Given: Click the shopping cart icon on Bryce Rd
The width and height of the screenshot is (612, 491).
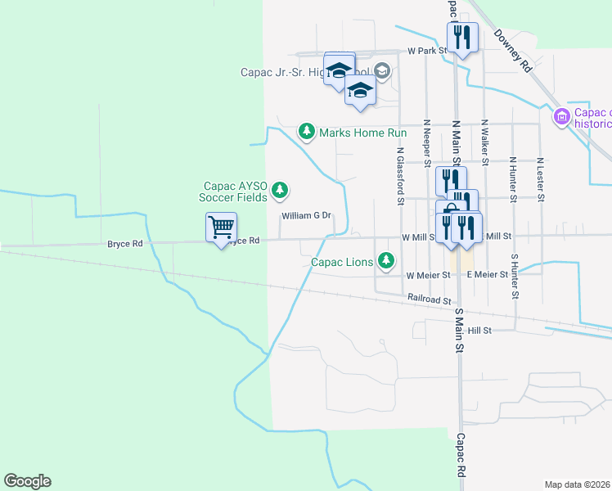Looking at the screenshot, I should [x=221, y=227].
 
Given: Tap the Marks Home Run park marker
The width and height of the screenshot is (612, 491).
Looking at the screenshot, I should [x=307, y=131].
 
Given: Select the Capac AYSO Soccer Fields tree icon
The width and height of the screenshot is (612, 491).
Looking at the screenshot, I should [x=280, y=191].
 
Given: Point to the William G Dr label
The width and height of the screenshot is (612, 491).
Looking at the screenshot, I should [x=305, y=216].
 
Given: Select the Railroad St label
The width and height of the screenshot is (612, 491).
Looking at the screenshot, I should [x=430, y=300].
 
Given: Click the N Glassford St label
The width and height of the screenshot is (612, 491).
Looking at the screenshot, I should [x=401, y=175].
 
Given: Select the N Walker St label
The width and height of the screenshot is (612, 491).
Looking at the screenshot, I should [x=484, y=141].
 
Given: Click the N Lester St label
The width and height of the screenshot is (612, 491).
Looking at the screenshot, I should [x=541, y=178].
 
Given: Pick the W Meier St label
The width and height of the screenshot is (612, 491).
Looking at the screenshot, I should [x=428, y=276].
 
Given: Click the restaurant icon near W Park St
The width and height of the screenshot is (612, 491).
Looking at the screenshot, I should [x=461, y=38].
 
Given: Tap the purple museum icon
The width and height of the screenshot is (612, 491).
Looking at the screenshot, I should [x=561, y=117].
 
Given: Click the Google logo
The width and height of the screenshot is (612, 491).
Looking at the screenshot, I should [x=27, y=481].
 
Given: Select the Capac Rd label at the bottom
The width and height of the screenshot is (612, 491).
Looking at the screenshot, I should [x=461, y=456].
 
